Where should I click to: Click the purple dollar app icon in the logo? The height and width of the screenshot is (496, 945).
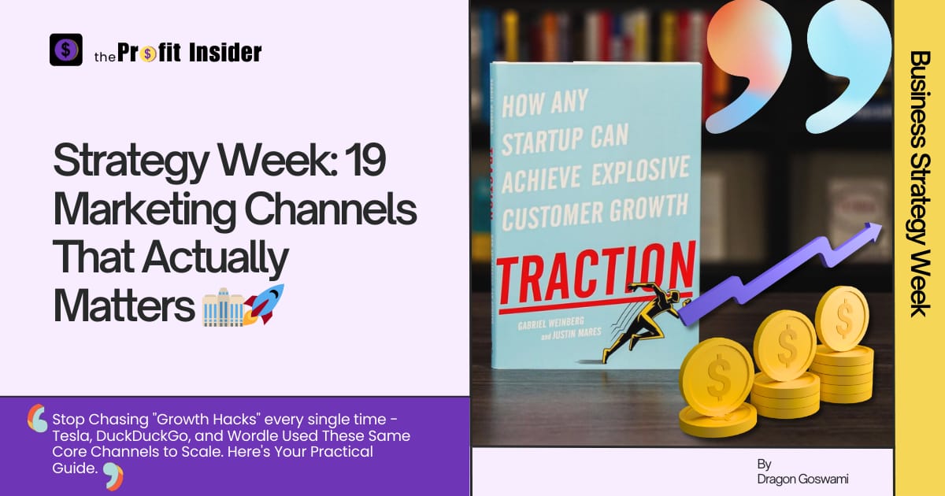[66, 50]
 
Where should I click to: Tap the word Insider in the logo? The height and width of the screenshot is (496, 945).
[225, 53]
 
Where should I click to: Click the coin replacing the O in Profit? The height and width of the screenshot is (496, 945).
[148, 54]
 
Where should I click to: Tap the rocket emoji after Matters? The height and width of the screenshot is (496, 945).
[264, 305]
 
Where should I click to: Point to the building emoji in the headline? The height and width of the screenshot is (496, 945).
[223, 308]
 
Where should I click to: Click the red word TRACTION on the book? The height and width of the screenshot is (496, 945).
[595, 274]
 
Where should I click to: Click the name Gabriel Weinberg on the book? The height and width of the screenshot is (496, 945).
[551, 323]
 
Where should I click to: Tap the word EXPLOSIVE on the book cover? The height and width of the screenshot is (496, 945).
[640, 172]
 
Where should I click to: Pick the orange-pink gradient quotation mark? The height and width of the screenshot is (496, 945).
[749, 63]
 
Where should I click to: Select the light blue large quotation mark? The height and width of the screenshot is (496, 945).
[848, 63]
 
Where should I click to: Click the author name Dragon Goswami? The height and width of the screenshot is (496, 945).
[802, 479]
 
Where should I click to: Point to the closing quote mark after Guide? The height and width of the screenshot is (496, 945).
[113, 476]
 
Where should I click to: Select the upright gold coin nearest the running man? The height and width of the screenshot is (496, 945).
[717, 376]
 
